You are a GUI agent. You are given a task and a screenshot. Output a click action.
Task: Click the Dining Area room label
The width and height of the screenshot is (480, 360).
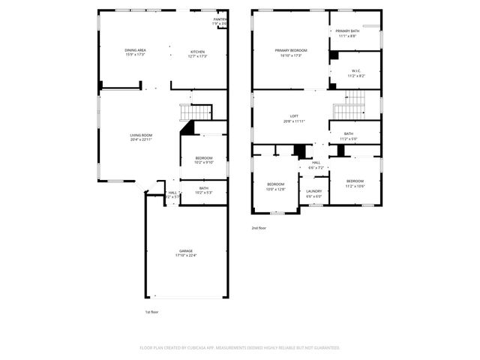click(135, 52)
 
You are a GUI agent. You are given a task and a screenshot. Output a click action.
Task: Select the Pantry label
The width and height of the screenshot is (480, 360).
click(220, 22)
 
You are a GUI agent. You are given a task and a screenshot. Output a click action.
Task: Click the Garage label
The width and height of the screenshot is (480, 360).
click(185, 253)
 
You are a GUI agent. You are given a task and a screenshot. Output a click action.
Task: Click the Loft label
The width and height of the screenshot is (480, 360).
click(295, 118)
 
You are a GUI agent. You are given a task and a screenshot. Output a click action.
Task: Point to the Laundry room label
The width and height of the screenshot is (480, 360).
click(314, 193)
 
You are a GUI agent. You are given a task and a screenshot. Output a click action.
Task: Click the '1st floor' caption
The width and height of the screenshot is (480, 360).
click(152, 312)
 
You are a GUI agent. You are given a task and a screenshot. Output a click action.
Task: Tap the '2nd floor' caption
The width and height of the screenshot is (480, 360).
click(259, 227)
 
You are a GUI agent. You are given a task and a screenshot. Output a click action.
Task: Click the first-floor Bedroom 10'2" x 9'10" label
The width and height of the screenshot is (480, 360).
click(204, 160)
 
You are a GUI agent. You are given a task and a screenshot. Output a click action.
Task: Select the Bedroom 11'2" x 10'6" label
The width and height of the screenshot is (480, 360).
click(355, 183)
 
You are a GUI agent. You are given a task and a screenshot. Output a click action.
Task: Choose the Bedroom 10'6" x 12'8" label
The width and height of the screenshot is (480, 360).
click(276, 186)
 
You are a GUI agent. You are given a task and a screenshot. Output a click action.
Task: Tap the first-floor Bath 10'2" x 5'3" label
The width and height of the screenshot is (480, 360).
click(204, 190)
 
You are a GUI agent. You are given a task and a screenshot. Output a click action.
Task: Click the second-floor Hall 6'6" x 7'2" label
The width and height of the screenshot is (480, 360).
click(316, 165)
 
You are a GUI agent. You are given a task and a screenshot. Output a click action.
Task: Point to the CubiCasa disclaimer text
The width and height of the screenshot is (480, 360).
click(240, 348)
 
